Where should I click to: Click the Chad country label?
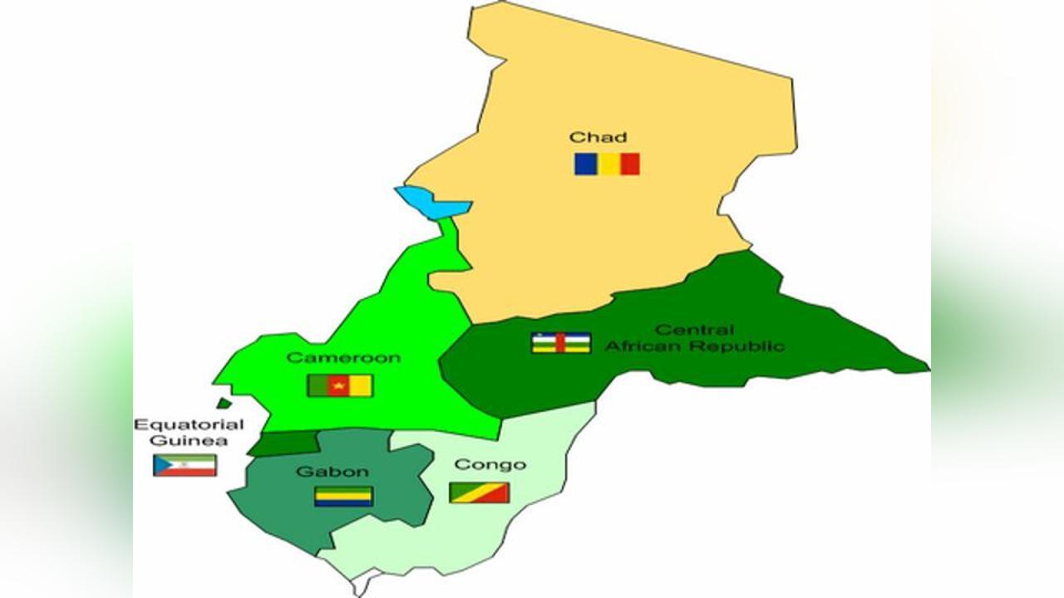[x=598, y=137]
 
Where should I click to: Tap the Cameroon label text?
[x=343, y=358]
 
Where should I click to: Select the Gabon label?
[x=332, y=472]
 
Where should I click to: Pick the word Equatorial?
[x=189, y=424]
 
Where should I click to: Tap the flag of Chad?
[x=607, y=164]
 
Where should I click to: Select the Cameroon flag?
[x=340, y=385]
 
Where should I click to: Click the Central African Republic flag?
[x=561, y=343]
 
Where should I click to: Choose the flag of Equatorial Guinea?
[x=185, y=465]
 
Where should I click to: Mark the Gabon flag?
[x=343, y=497]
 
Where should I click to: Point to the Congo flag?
[x=479, y=493]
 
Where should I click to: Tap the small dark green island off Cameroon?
[x=224, y=404]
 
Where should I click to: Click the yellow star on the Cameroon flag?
[x=339, y=385]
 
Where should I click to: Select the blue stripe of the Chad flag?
[x=584, y=164]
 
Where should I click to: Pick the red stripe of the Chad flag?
[x=629, y=164]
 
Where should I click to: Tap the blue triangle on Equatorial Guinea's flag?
[x=160, y=465]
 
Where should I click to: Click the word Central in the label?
[x=694, y=331]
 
